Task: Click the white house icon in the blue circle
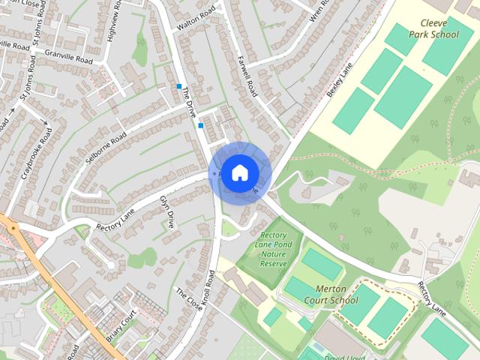[x=238, y=172]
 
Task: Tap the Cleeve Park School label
[x=433, y=28]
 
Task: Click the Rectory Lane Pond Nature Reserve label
[x=273, y=249]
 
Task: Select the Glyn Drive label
[x=166, y=212]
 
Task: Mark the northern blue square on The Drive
[x=179, y=86]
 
